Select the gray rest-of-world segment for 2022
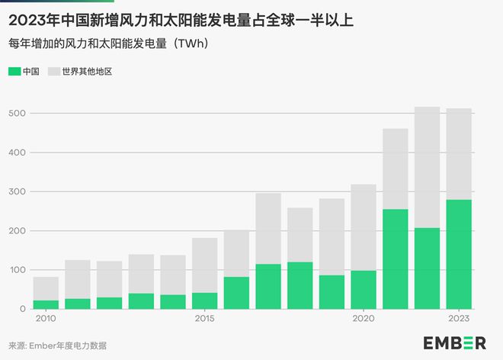point(427,167)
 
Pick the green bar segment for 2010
point(46,304)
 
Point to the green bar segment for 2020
point(364,289)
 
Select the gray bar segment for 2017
point(268,229)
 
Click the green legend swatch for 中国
point(14,72)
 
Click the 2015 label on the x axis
point(204,319)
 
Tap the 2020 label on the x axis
point(364,319)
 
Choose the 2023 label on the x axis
point(460,319)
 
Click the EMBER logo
point(454,342)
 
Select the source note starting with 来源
point(58,346)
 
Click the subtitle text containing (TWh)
point(107,43)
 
